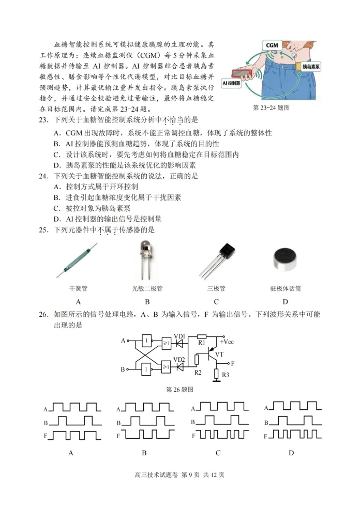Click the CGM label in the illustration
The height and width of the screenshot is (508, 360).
point(272,45)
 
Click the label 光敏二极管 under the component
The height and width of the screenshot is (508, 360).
point(147,288)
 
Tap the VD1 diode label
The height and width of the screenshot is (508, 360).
point(179,336)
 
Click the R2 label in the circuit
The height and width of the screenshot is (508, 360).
point(198,373)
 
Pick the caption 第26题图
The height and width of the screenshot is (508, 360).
point(179,389)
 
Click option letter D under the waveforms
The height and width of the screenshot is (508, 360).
point(291,453)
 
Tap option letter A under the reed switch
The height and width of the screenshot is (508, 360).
point(78,302)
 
